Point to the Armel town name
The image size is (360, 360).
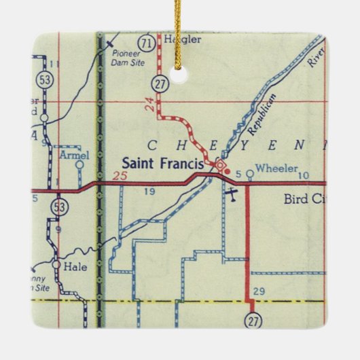coord(75,155)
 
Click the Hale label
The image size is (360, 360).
coord(76,267)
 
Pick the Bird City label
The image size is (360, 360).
coord(305,200)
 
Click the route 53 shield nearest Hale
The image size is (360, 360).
coord(62,208)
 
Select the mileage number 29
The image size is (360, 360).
coord(258,291)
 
